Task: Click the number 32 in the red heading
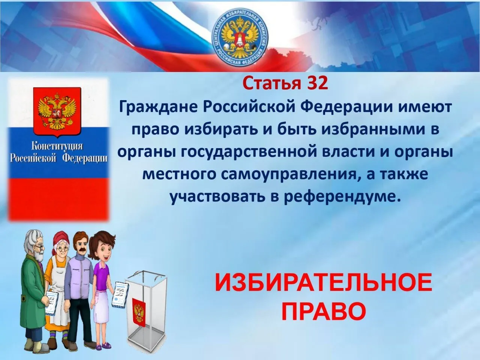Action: (x=318, y=84)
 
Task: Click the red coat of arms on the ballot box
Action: (x=139, y=311)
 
